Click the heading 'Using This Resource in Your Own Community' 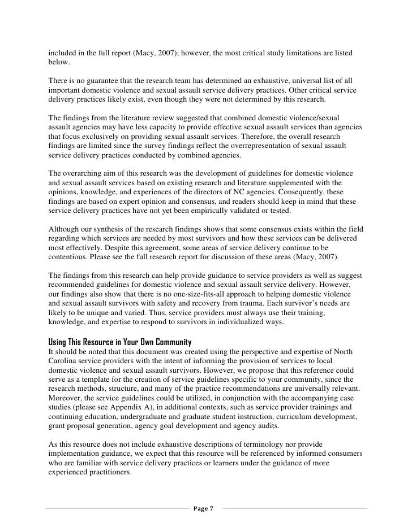tap(119, 342)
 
